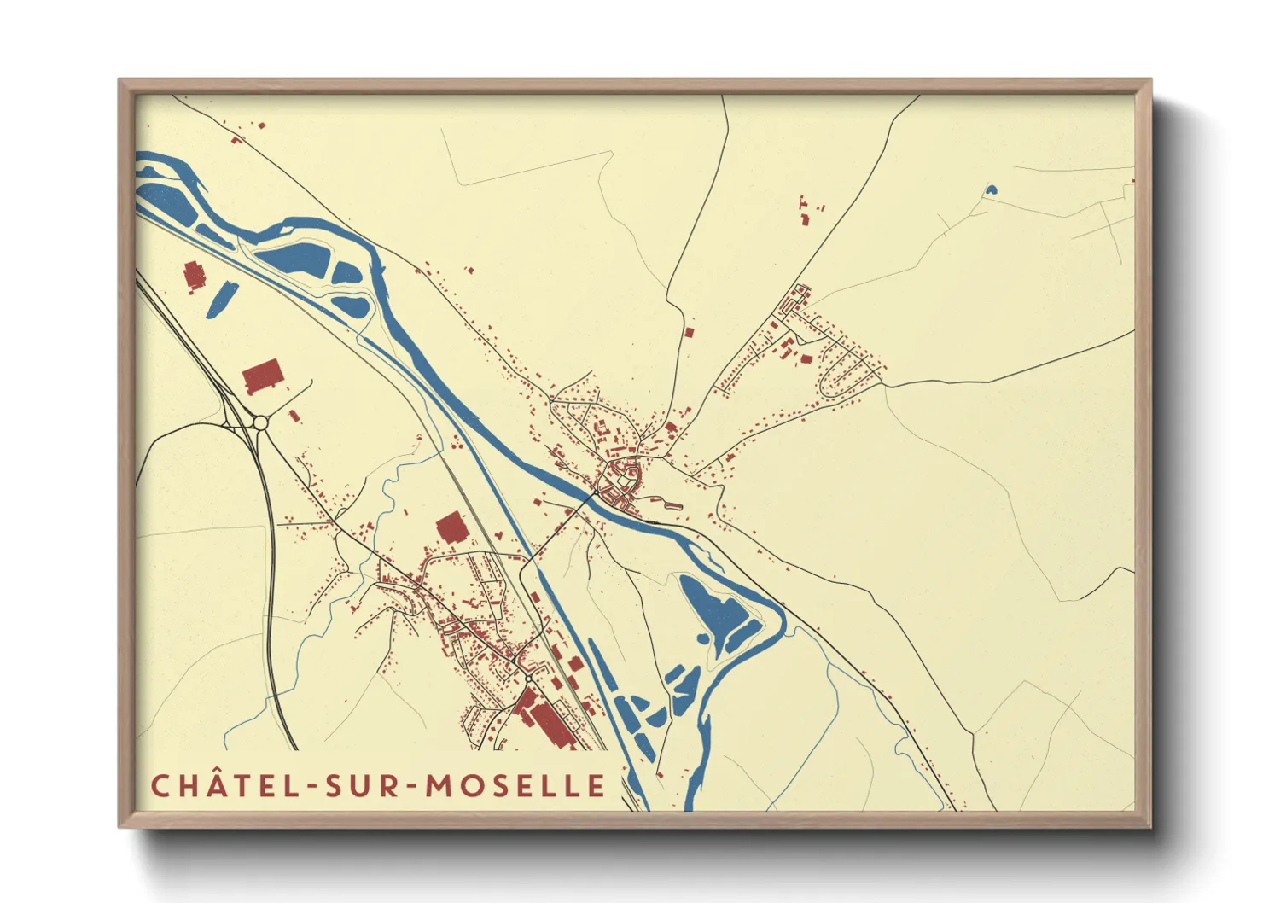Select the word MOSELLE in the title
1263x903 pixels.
516,786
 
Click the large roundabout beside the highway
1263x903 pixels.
260,422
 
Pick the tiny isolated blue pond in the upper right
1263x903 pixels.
990,189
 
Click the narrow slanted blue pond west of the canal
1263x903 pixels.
221,299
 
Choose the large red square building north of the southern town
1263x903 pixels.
451,528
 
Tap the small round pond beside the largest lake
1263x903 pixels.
702,638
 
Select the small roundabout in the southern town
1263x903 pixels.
529,678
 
